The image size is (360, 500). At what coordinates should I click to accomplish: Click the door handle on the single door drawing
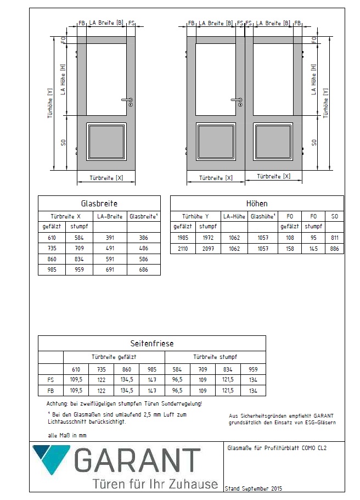[127, 100]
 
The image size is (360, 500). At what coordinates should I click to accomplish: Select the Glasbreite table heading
[99, 203]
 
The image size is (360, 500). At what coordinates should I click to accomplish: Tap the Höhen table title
[257, 204]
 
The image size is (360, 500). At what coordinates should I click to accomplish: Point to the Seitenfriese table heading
[151, 344]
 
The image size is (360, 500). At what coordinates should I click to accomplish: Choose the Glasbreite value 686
[143, 270]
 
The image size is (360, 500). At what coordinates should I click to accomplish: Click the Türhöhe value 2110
[181, 249]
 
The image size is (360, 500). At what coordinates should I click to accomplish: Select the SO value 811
[334, 238]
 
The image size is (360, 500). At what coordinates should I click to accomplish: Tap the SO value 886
[334, 249]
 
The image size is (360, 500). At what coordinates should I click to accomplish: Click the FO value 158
[290, 249]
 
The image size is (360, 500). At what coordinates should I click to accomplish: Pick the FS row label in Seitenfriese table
[50, 380]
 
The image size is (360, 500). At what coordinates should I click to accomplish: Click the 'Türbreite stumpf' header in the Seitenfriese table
[215, 357]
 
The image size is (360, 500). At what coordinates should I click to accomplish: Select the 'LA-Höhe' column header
[234, 216]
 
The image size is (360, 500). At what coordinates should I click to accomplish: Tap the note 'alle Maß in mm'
[67, 435]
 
